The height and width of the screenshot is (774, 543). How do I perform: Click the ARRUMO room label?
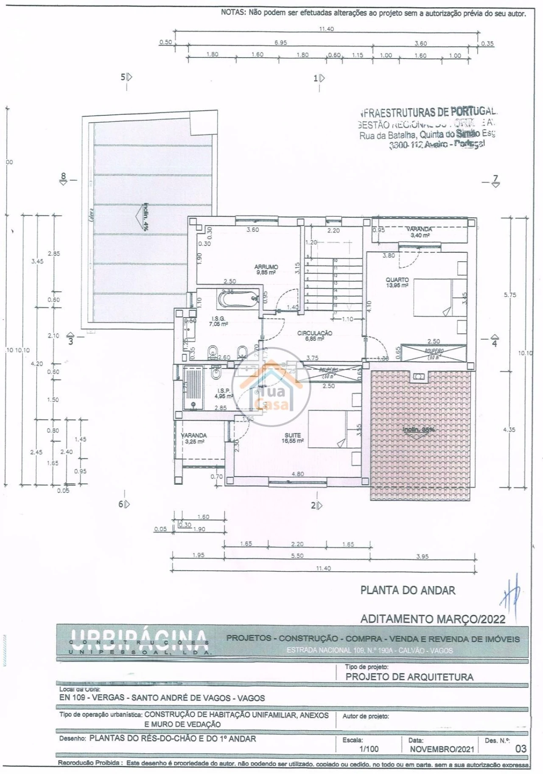pyautogui.click(x=266, y=269)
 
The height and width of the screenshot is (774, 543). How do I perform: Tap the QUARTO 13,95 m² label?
pyautogui.click(x=397, y=282)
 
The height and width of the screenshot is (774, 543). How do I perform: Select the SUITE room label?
pyautogui.click(x=293, y=438)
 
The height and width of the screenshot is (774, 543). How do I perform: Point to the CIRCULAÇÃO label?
pyautogui.click(x=314, y=335)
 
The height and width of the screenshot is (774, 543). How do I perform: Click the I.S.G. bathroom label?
pyautogui.click(x=218, y=321)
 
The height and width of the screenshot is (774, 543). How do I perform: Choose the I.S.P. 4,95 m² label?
pyautogui.click(x=224, y=393)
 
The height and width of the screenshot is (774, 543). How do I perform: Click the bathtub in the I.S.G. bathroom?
pyautogui.click(x=238, y=299)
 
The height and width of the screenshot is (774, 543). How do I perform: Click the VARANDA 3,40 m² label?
pyautogui.click(x=419, y=232)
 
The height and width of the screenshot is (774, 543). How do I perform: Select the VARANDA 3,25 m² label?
pyautogui.click(x=194, y=438)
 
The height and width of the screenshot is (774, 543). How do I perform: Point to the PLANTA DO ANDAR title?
pyautogui.click(x=408, y=590)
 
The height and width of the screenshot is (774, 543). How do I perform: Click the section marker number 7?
pyautogui.click(x=495, y=179)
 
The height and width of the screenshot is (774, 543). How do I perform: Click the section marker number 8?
pyautogui.click(x=64, y=176)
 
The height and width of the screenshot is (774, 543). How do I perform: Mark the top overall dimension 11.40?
pyautogui.click(x=326, y=29)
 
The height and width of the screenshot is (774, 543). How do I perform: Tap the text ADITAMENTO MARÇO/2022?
pyautogui.click(x=433, y=619)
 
